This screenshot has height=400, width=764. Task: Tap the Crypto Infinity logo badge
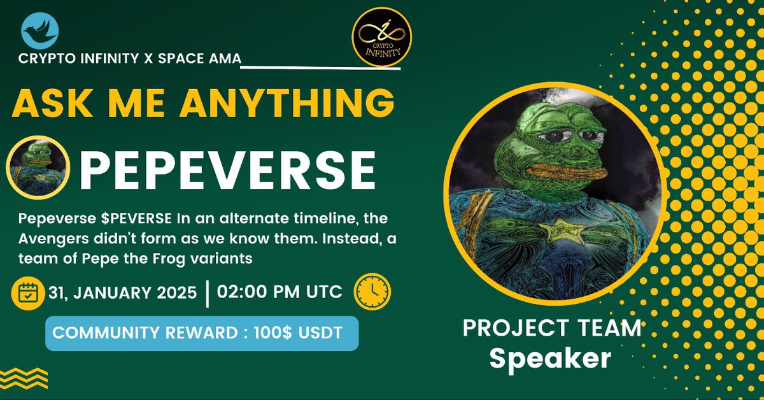(381, 38)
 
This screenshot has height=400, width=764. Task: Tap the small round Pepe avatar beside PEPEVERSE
(38, 166)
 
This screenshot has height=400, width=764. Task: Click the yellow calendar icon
(29, 293)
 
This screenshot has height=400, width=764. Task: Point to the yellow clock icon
(371, 292)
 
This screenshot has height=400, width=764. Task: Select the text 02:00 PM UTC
(279, 292)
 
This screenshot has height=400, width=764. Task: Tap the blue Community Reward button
(201, 334)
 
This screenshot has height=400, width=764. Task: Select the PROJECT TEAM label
(551, 329)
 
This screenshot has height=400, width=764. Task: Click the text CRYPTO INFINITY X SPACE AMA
(130, 59)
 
